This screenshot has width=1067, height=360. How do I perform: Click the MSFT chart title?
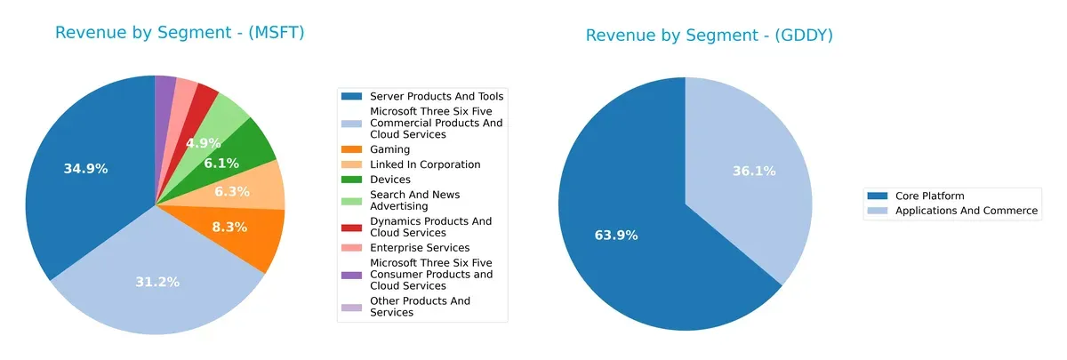180,33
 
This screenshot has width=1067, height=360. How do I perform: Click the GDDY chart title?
708,36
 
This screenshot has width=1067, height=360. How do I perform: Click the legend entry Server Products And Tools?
437,96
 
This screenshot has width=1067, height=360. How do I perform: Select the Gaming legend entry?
389,149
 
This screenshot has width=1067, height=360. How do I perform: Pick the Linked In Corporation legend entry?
424,164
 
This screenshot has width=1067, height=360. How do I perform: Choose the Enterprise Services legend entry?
419,247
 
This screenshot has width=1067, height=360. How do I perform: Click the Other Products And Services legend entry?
420,307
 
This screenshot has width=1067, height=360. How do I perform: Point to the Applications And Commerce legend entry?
966,211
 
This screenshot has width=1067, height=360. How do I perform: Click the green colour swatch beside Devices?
353,180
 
